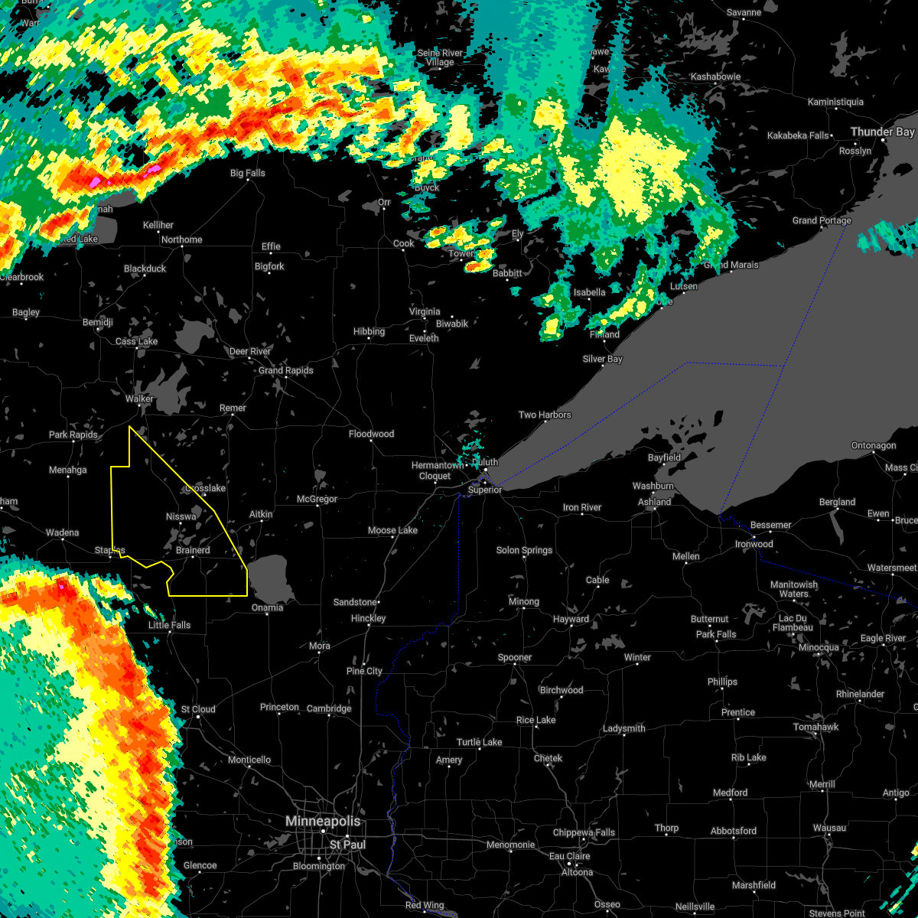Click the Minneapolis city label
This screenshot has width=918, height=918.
point(322,821)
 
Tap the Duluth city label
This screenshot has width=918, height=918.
point(484,462)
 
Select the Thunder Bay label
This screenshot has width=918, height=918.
point(882,132)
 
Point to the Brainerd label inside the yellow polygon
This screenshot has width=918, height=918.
point(193,550)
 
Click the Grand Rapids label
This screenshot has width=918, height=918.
point(285,370)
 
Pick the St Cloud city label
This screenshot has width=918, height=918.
point(198,709)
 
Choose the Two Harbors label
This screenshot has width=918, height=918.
point(545,415)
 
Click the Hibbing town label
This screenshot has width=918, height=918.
point(369,331)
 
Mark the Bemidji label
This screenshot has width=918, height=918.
point(98,322)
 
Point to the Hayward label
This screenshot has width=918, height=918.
point(571,619)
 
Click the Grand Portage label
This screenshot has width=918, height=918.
point(822,220)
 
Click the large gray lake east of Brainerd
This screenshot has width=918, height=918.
point(272,579)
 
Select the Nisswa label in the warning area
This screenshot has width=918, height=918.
point(181,516)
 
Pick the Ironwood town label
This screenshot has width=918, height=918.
point(754,544)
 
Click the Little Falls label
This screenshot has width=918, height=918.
point(169,625)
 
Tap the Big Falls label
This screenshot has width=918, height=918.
point(248,173)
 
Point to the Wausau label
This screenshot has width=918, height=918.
point(829,828)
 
